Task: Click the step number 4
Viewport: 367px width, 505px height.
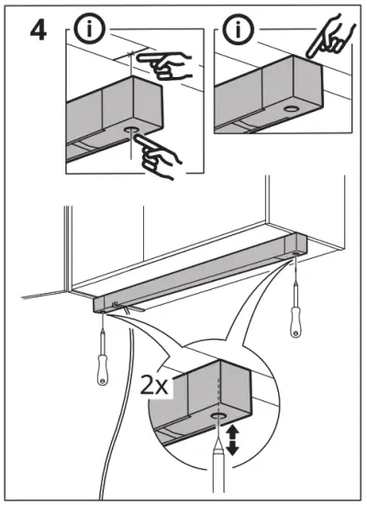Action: pyautogui.click(x=39, y=31)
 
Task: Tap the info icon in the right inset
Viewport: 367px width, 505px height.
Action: pyautogui.click(x=238, y=29)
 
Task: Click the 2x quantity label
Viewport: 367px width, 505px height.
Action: pyautogui.click(x=154, y=387)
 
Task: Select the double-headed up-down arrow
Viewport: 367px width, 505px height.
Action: pyautogui.click(x=232, y=440)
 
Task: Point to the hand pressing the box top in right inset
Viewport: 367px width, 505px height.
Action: pyautogui.click(x=329, y=36)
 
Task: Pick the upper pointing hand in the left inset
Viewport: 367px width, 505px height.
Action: pyautogui.click(x=165, y=65)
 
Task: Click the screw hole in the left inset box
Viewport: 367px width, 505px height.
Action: pyautogui.click(x=131, y=129)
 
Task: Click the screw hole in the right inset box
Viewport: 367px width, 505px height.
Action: pyautogui.click(x=290, y=108)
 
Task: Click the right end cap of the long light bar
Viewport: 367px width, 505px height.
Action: pyautogui.click(x=296, y=246)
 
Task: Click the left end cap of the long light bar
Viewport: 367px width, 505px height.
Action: pyautogui.click(x=100, y=305)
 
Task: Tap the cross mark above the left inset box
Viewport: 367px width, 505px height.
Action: pyautogui.click(x=131, y=52)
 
